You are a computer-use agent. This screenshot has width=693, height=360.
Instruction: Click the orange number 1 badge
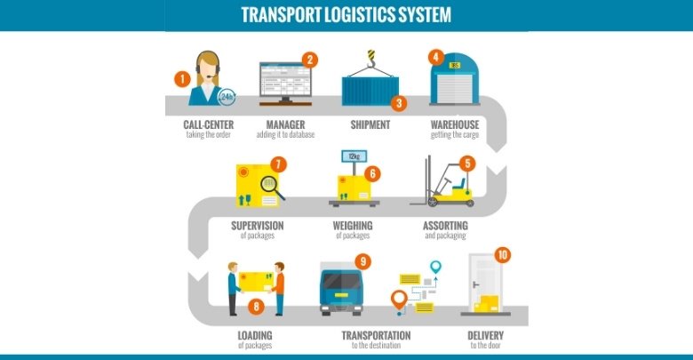click(x=182, y=78)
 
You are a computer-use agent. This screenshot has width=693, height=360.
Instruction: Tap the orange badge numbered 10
click(x=503, y=255)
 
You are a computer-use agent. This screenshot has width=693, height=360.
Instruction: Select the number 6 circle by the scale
click(x=373, y=173)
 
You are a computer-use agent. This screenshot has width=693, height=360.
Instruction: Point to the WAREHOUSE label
click(x=454, y=124)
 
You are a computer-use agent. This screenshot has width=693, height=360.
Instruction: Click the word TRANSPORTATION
click(x=376, y=335)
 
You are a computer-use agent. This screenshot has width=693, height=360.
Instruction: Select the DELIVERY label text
click(x=485, y=335)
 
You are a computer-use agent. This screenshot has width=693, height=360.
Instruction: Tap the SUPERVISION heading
click(x=257, y=225)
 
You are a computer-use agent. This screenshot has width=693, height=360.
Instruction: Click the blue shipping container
click(x=366, y=92)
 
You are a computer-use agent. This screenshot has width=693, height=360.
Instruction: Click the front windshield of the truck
click(x=342, y=282)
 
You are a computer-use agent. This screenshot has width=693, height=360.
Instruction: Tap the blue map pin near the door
click(x=435, y=267)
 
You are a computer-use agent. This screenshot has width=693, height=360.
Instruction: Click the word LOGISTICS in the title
click(x=370, y=15)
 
